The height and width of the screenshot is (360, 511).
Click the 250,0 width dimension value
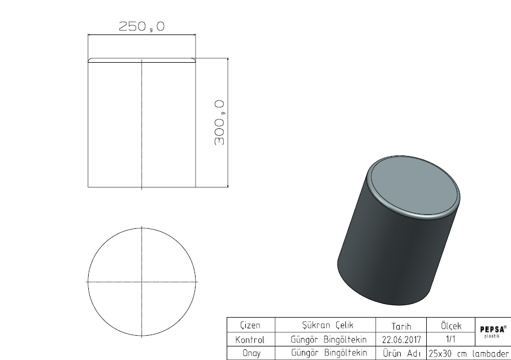pos(142,26)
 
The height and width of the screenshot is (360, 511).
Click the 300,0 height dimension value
pos(219,123)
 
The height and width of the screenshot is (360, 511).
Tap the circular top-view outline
pos(88,282)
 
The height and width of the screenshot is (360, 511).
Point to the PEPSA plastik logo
pos(493,331)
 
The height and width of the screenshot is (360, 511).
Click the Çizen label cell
pos(250,325)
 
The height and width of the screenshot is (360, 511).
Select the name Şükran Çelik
pos(327,325)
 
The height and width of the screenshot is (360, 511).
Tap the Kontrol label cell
pos(250,340)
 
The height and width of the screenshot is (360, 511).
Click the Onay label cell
pos(252,353)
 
